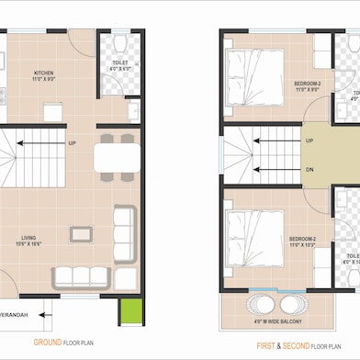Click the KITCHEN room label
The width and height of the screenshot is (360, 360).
[43, 73]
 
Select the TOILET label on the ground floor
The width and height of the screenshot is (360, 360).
[120, 64]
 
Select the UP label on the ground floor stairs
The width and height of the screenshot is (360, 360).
[72, 143]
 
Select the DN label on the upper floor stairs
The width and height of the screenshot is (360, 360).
[309, 170]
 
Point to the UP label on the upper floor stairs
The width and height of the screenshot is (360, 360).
[309, 141]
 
